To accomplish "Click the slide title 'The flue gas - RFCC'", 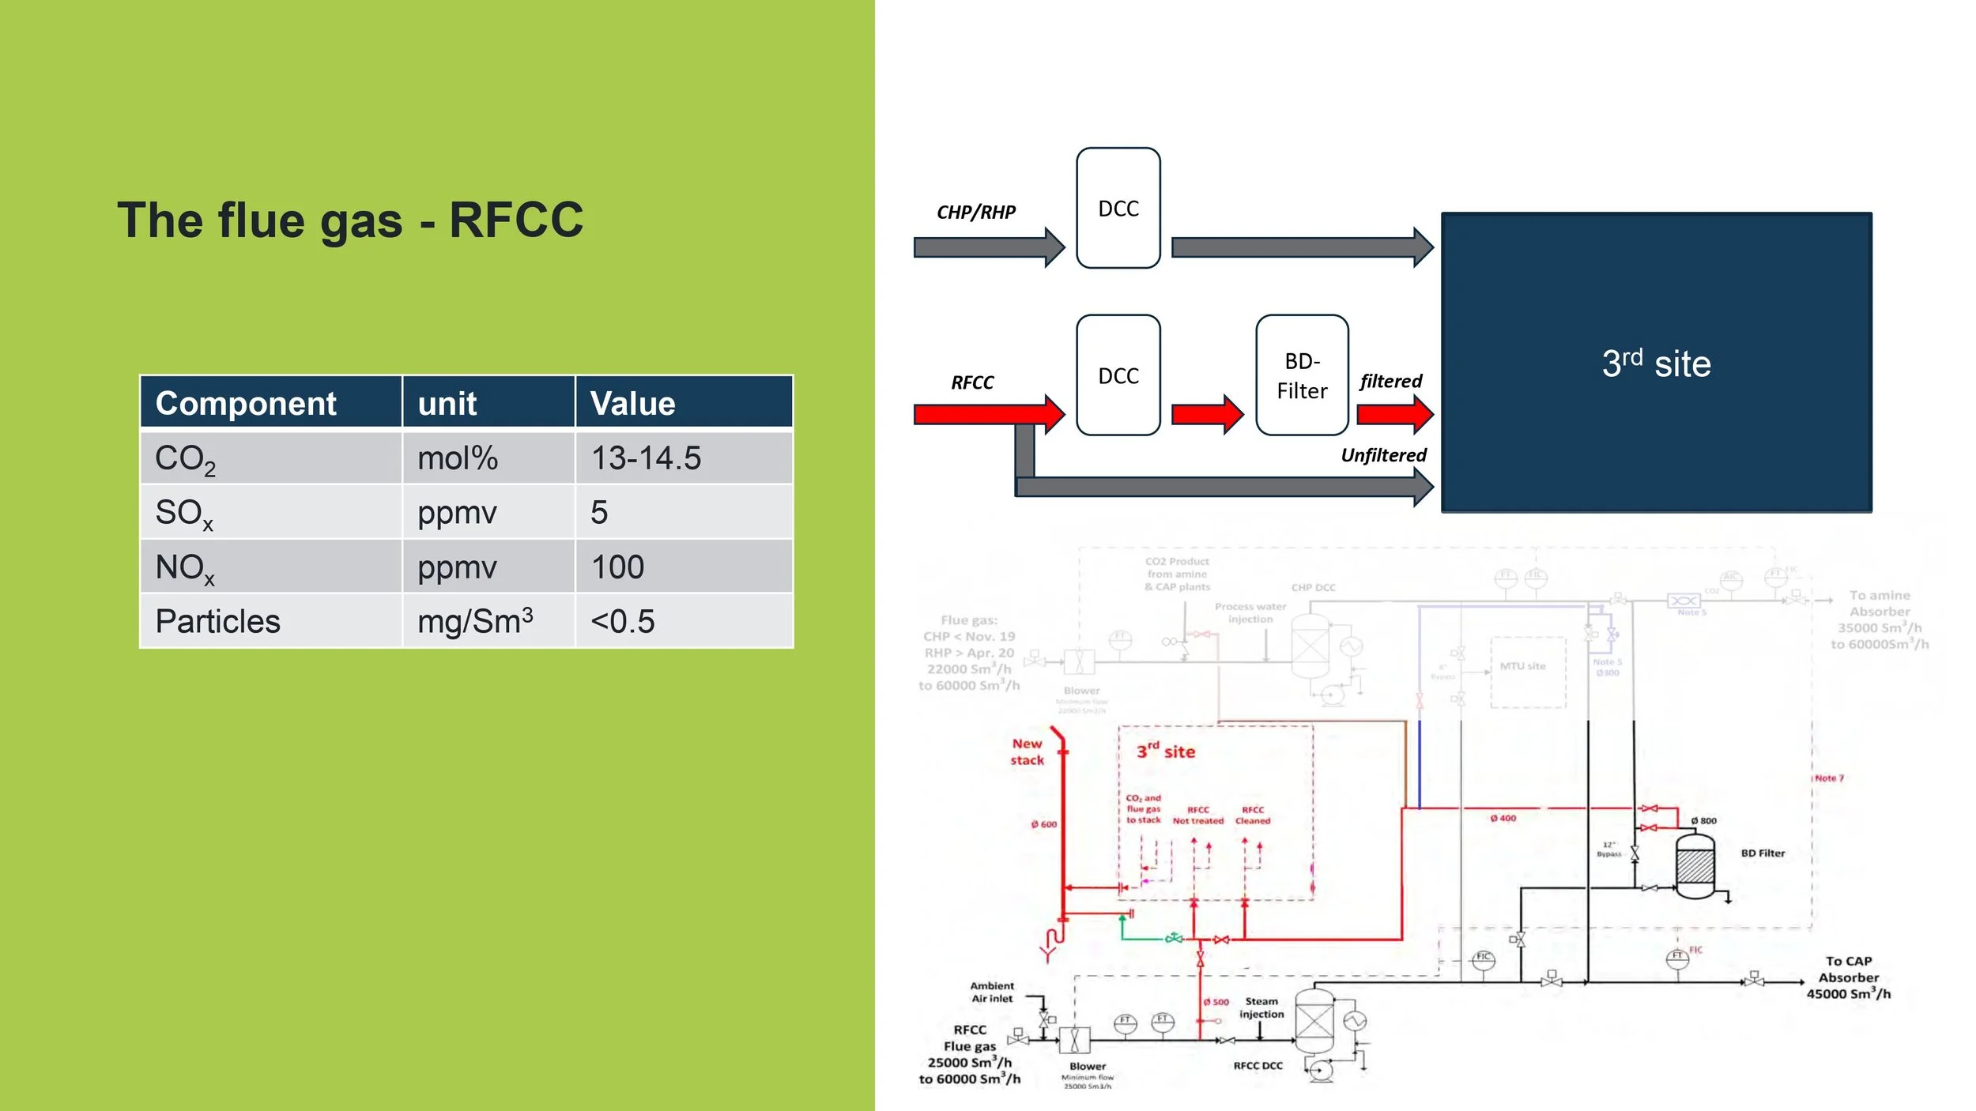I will (x=350, y=220).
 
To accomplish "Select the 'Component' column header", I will (x=246, y=404).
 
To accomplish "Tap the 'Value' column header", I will (x=632, y=404).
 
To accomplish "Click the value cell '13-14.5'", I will (x=646, y=458).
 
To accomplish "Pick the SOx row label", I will (x=184, y=513).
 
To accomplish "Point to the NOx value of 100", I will (x=617, y=567).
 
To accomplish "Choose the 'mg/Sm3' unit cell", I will (x=475, y=621).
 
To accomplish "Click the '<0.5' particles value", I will (x=622, y=621).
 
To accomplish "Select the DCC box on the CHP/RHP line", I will (x=1118, y=209).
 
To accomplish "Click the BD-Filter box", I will (x=1301, y=375).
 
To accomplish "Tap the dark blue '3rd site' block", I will (x=1656, y=363).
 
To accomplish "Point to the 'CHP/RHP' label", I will (x=975, y=212).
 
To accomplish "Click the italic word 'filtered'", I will (x=1390, y=381).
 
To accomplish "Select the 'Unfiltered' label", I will (x=1383, y=455).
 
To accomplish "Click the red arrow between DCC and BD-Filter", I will (x=1206, y=414).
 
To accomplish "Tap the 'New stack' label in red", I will (x=1027, y=751).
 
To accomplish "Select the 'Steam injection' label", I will (x=1261, y=1007).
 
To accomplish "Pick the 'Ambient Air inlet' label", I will (x=991, y=992).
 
